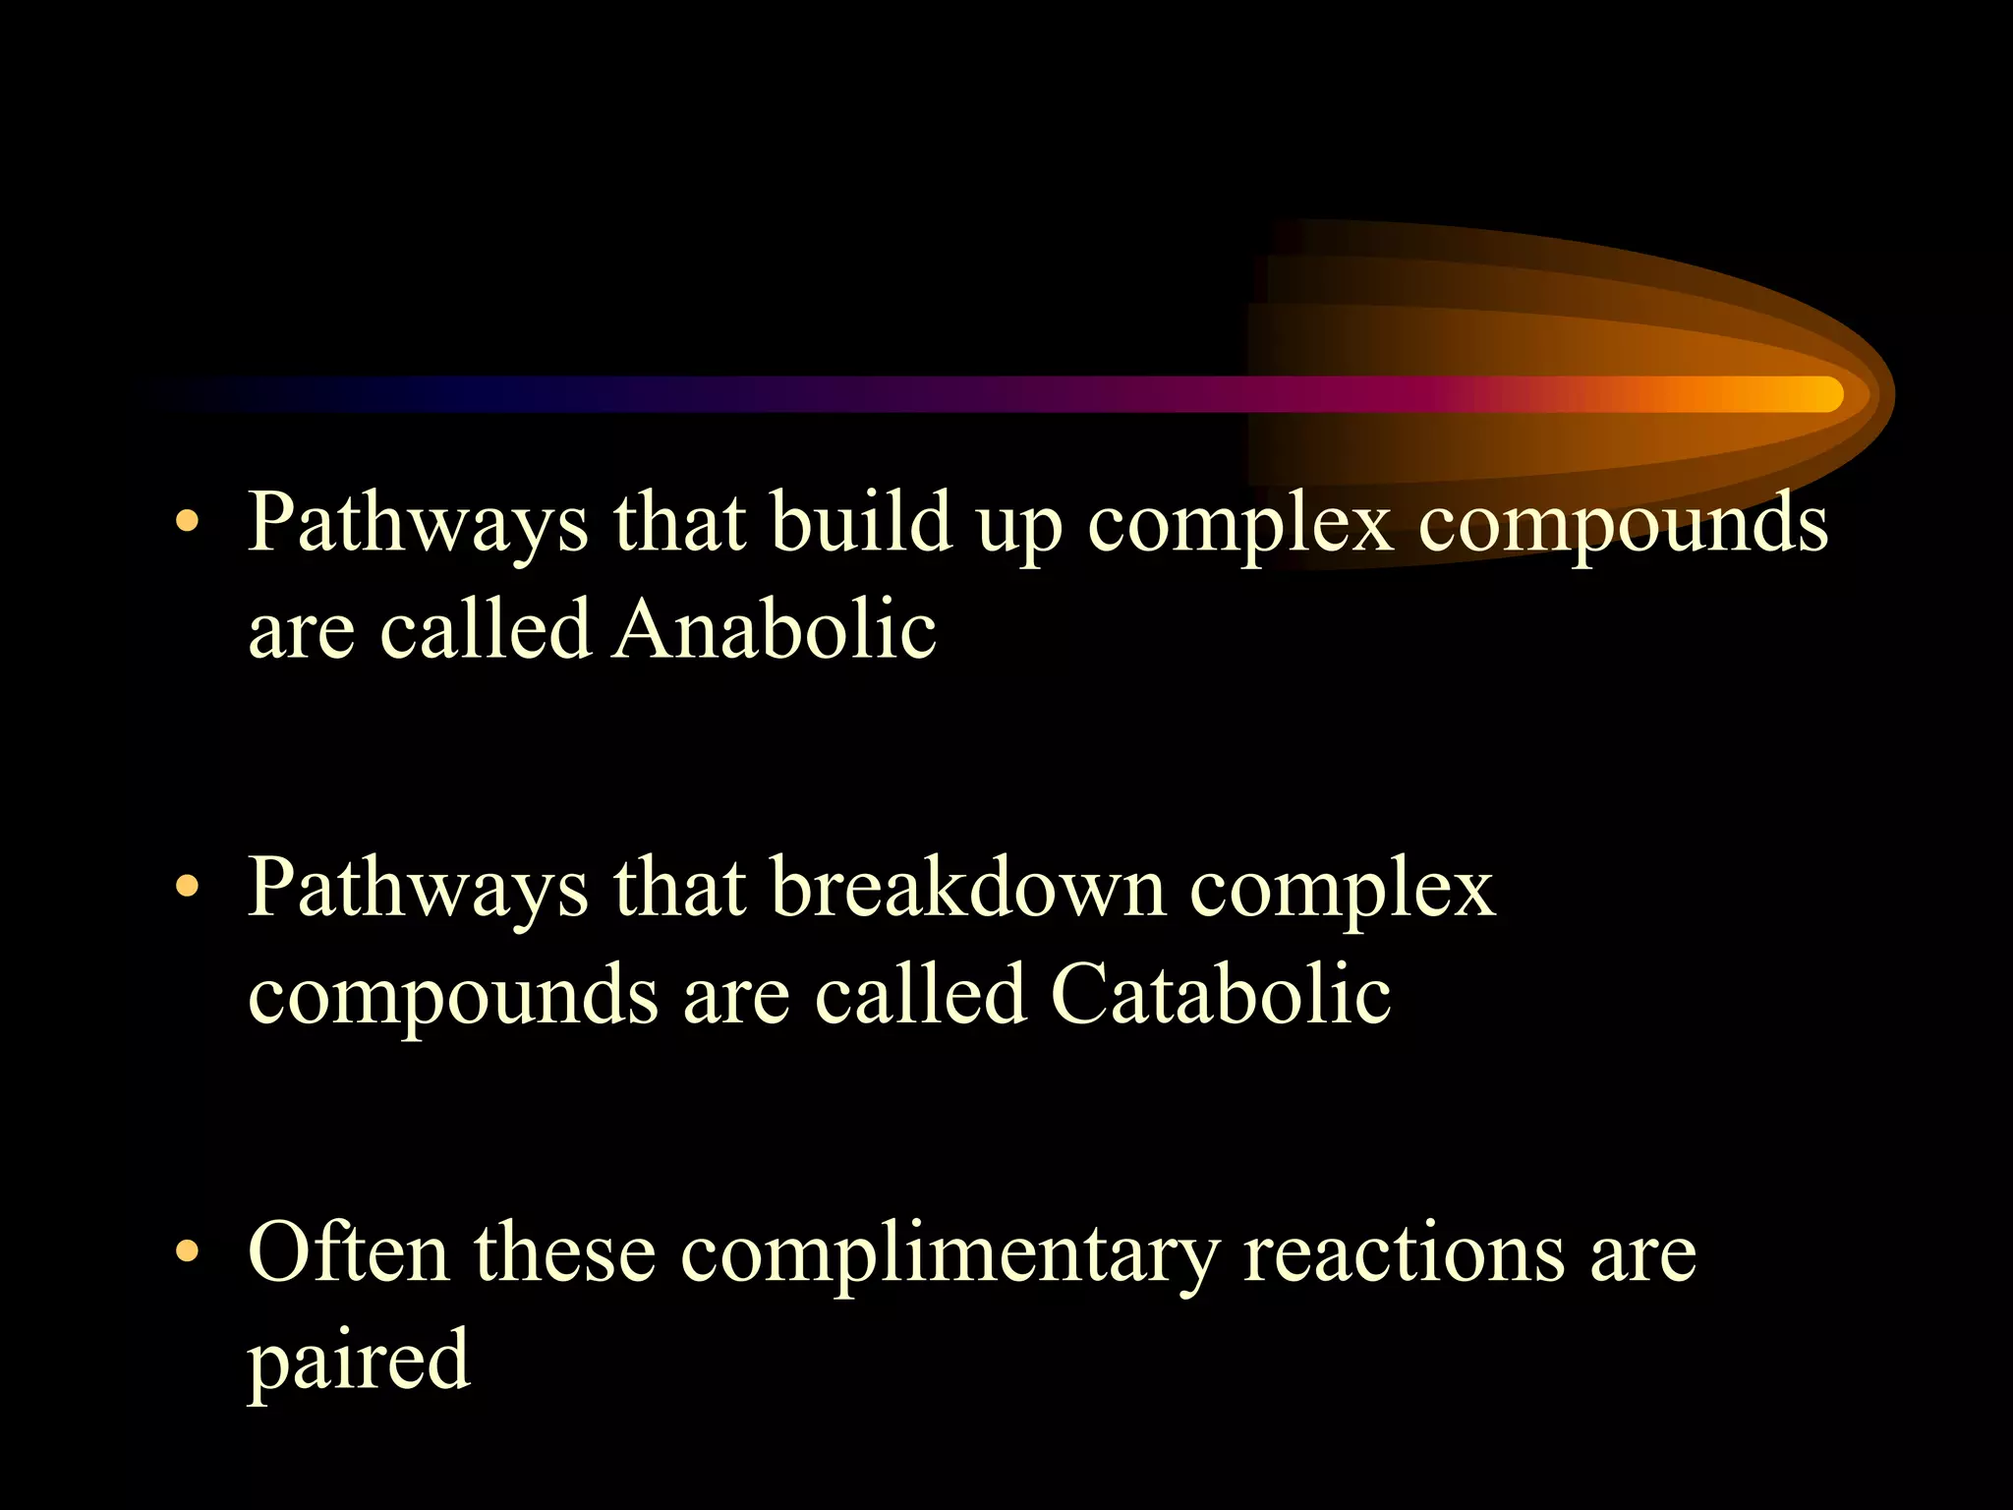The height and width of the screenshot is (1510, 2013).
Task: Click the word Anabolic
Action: pos(774,629)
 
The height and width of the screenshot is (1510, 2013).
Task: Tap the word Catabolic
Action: pos(1220,994)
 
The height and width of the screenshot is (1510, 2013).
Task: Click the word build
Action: pos(861,522)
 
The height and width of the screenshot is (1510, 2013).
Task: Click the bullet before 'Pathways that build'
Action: pos(187,523)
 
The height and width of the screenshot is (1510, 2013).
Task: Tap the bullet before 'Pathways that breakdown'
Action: pos(187,889)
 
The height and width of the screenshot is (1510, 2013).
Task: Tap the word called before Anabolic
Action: pos(486,629)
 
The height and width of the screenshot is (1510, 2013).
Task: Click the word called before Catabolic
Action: pos(920,994)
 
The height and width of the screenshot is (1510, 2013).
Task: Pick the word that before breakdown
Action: pos(679,888)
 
